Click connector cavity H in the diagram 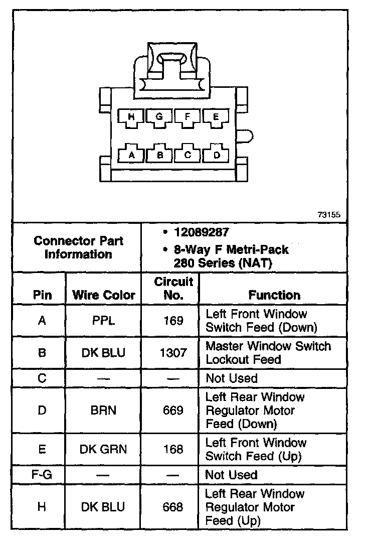[x=131, y=117]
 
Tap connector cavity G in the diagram [x=159, y=117]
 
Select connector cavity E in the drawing [x=216, y=117]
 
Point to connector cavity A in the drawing [x=132, y=155]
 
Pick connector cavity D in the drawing [x=217, y=155]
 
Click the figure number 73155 [x=329, y=214]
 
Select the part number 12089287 [x=201, y=232]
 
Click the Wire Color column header [x=104, y=295]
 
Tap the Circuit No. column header [x=173, y=289]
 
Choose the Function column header [x=274, y=295]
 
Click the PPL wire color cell [x=104, y=321]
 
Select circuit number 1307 [x=173, y=353]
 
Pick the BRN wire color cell [x=104, y=411]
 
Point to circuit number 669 [x=173, y=411]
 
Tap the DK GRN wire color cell [x=104, y=450]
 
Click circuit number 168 [x=173, y=450]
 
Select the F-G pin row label [x=42, y=475]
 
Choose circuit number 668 [x=173, y=507]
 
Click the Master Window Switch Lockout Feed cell [x=268, y=353]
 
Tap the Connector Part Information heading [x=78, y=247]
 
